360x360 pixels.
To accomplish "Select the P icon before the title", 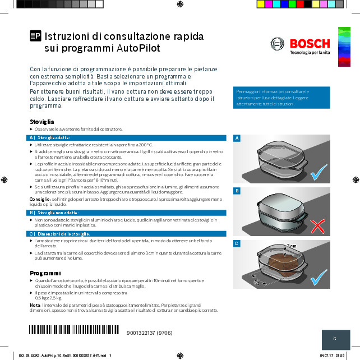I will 35,36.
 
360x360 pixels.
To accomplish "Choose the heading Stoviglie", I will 42,122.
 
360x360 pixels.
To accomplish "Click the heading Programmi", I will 45,273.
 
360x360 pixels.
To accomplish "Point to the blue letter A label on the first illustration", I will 237,139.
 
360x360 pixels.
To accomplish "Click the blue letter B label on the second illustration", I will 237,191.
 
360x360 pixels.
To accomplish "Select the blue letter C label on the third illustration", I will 237,243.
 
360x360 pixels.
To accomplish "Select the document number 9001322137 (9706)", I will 150,333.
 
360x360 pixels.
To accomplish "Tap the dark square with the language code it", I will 335,339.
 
